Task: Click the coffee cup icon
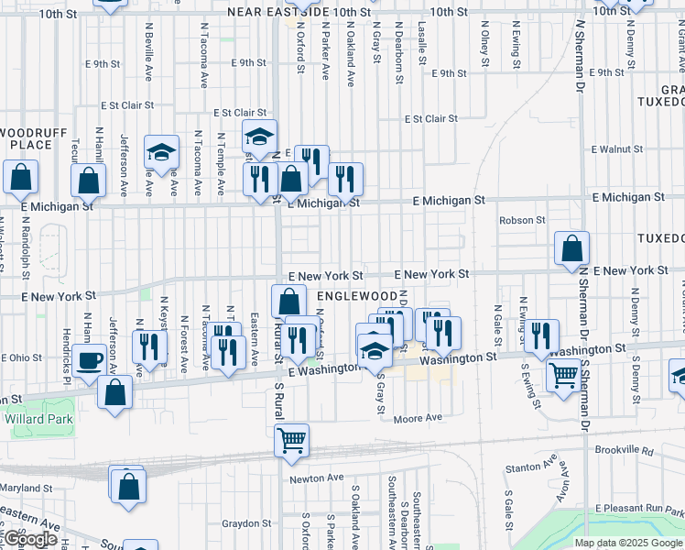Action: (x=91, y=359)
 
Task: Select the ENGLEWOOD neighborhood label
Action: (x=354, y=296)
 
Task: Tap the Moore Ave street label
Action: (x=418, y=419)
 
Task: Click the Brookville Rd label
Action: (x=647, y=451)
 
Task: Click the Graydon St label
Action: (x=244, y=524)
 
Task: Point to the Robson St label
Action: (x=522, y=220)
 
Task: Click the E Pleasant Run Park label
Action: (x=637, y=508)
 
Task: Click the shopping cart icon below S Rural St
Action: (x=292, y=441)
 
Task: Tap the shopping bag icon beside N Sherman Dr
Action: (x=571, y=247)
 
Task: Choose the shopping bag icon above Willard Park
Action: (x=115, y=392)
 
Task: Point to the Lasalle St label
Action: (x=422, y=42)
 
